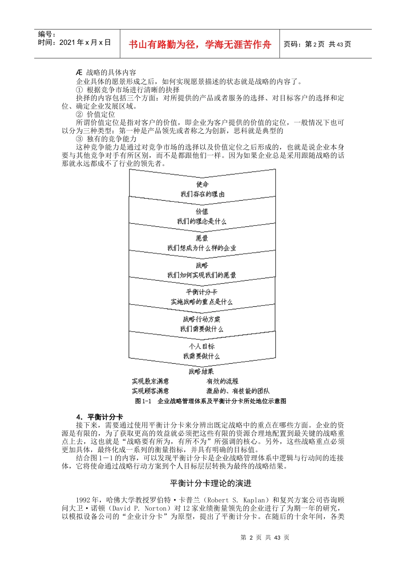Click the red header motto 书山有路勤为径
(200, 44)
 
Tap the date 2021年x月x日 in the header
(85, 42)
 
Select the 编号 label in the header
(47, 34)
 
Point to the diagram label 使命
(202, 184)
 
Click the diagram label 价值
(202, 211)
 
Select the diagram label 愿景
(202, 238)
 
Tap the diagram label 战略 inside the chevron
(202, 265)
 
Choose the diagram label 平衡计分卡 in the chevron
(202, 292)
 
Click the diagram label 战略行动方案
(202, 319)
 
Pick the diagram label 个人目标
(202, 346)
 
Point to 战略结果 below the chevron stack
(201, 371)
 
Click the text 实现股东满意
(150, 381)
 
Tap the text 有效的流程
(222, 381)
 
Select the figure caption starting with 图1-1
(211, 401)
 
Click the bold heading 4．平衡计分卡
(100, 417)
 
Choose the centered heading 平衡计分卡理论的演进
(211, 483)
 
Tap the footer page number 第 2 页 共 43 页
(265, 537)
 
